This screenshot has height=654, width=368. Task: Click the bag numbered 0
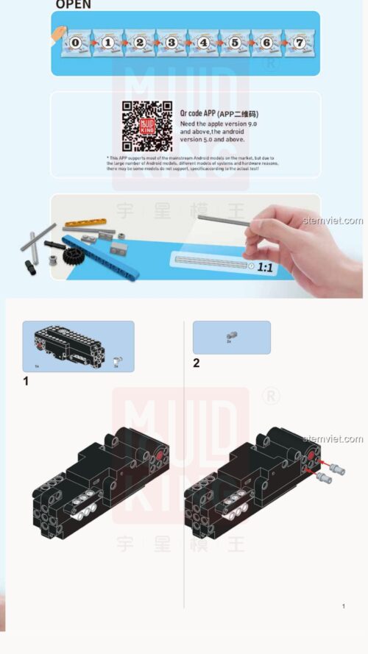coord(76,43)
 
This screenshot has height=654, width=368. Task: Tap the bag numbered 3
coord(171,43)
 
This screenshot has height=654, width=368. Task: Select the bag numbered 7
coord(299,43)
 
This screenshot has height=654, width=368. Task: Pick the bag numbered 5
coord(235,43)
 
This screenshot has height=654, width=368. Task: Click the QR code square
coord(147,126)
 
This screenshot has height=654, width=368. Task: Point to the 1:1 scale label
coord(264,268)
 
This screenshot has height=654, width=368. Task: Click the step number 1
coord(26,381)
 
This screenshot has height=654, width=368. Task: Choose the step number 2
coord(196,363)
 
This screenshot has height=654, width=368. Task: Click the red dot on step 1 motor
coord(160,458)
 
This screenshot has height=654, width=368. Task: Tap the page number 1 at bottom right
coord(343,606)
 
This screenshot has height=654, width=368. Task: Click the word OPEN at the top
coord(74,4)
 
